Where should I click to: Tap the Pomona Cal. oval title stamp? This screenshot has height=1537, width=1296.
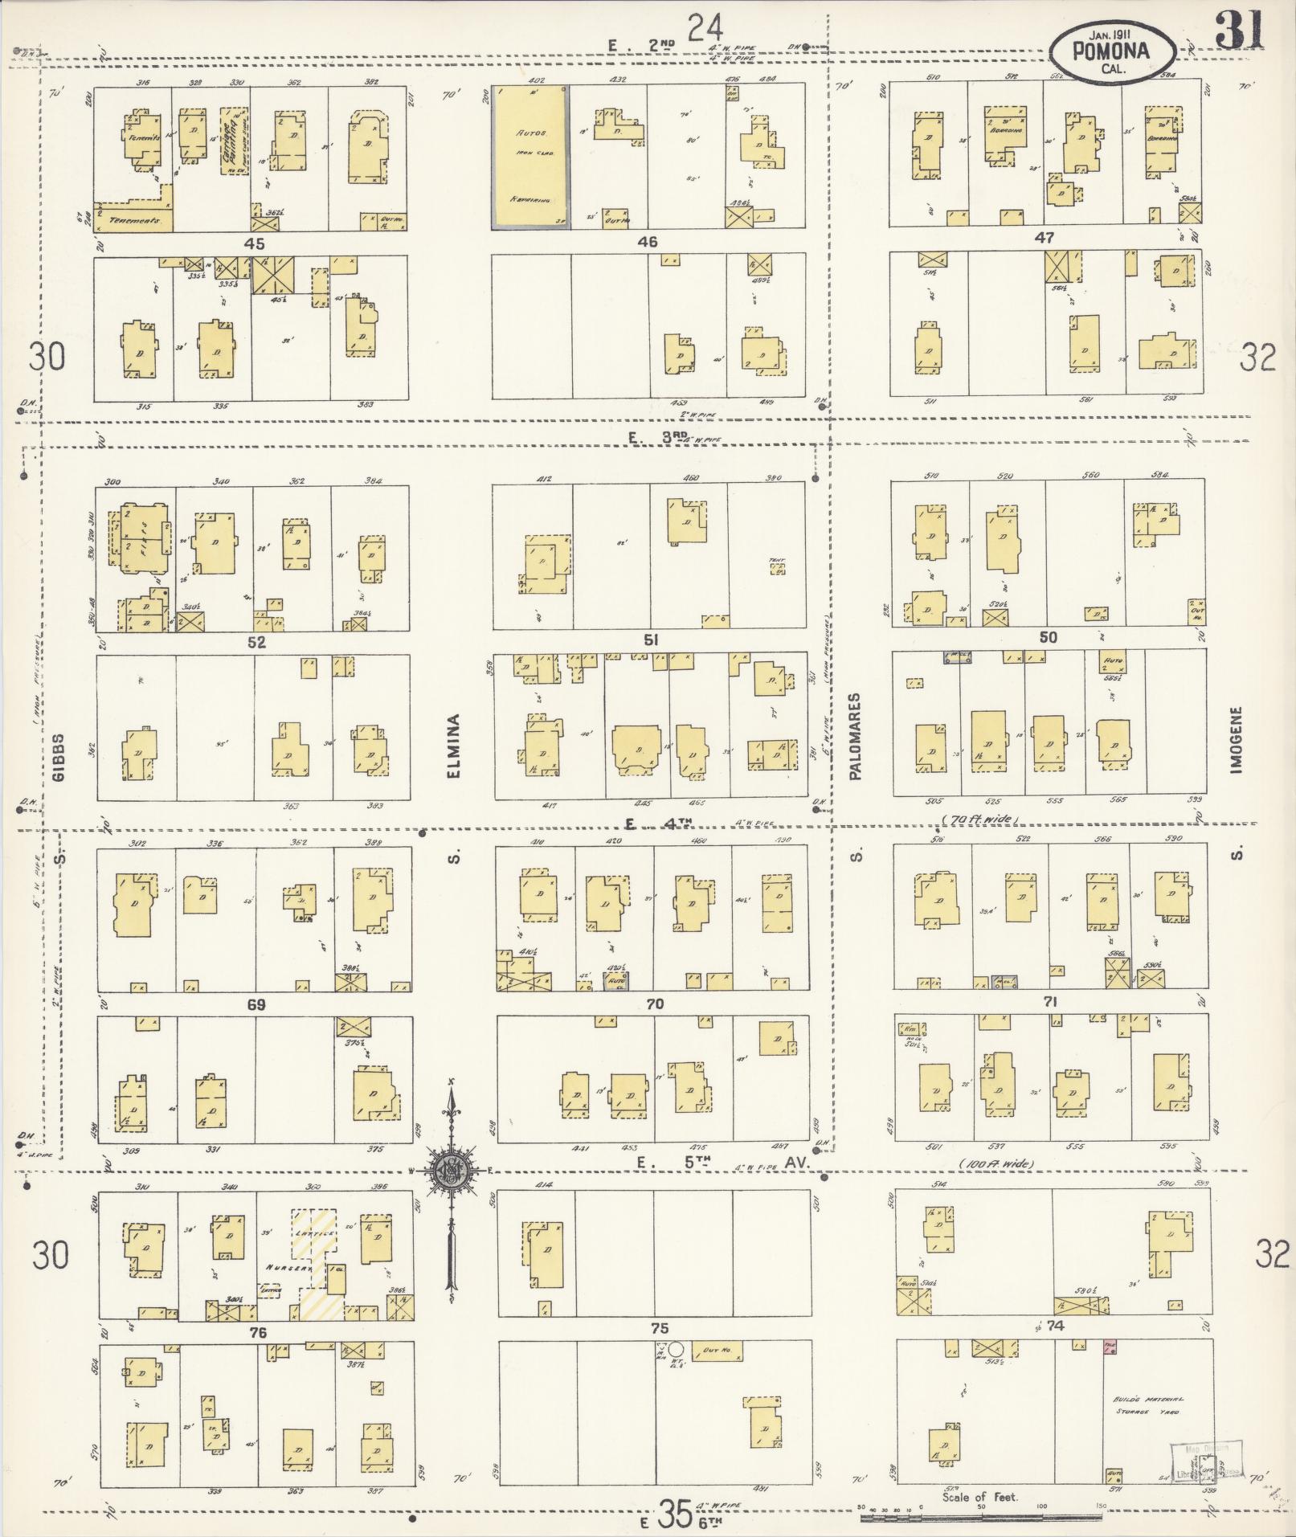(1112, 51)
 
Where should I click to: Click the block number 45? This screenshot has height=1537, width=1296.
(256, 243)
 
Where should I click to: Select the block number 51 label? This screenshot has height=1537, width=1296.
(651, 640)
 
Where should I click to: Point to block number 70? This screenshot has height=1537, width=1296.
(655, 1004)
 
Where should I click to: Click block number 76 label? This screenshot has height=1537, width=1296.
(257, 1333)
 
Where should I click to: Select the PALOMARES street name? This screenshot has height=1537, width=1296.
(855, 736)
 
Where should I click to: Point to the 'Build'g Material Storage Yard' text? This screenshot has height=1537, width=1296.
(1147, 1405)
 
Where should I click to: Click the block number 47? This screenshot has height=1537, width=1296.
(1045, 239)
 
